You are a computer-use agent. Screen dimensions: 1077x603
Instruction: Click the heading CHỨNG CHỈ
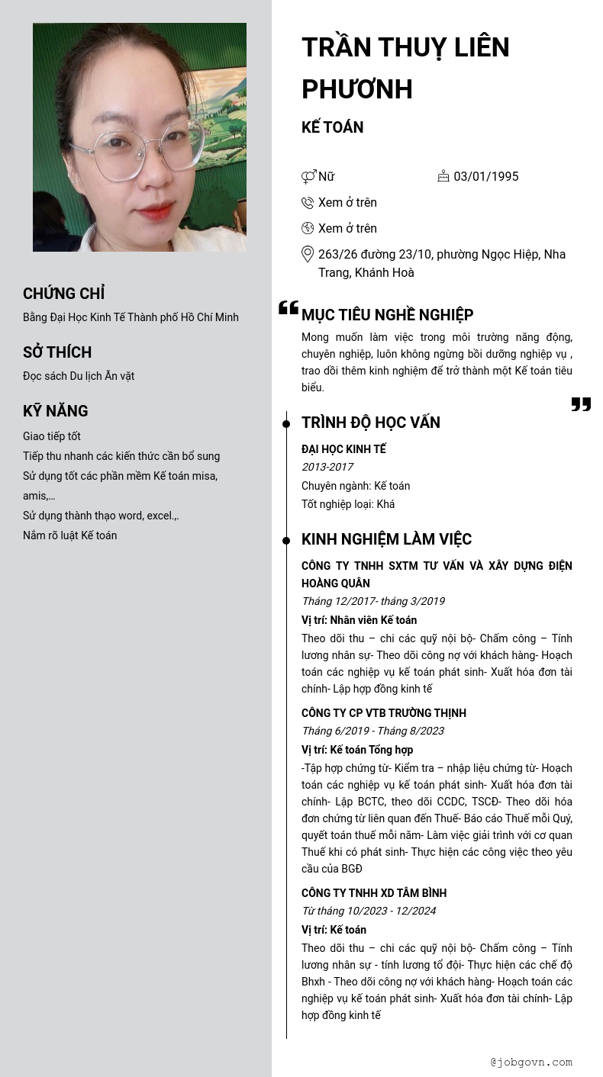63,294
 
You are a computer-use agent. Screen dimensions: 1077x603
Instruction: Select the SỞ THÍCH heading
57,352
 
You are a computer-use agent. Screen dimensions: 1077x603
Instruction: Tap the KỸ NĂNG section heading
56,411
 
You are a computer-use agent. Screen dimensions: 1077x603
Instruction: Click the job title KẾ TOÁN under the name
332,127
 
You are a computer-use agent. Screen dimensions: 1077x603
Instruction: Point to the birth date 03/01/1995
485,177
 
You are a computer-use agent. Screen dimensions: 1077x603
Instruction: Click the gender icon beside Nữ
308,177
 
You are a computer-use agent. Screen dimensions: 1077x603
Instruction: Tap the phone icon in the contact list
308,203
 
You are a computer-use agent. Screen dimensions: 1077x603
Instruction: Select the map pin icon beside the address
308,254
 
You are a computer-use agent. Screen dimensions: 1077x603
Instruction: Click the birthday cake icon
443,176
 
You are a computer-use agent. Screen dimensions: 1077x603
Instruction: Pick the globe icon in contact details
308,228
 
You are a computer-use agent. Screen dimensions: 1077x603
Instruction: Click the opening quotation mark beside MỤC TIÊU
289,308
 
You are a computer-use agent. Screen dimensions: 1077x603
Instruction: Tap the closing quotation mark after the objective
581,404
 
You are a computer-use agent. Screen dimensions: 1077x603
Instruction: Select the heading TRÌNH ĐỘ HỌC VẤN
370,423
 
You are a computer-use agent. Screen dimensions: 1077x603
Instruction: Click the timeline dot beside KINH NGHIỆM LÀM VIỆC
286,541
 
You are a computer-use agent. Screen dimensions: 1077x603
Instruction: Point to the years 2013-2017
327,467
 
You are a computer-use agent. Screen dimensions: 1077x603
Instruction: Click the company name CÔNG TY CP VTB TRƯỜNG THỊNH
383,713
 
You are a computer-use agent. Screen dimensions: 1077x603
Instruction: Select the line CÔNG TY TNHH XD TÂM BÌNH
374,893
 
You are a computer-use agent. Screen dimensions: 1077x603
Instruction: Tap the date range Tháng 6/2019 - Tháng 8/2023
372,731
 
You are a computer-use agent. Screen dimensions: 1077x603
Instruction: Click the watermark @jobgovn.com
531,1062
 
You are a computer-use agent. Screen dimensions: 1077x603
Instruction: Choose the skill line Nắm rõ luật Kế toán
69,535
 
